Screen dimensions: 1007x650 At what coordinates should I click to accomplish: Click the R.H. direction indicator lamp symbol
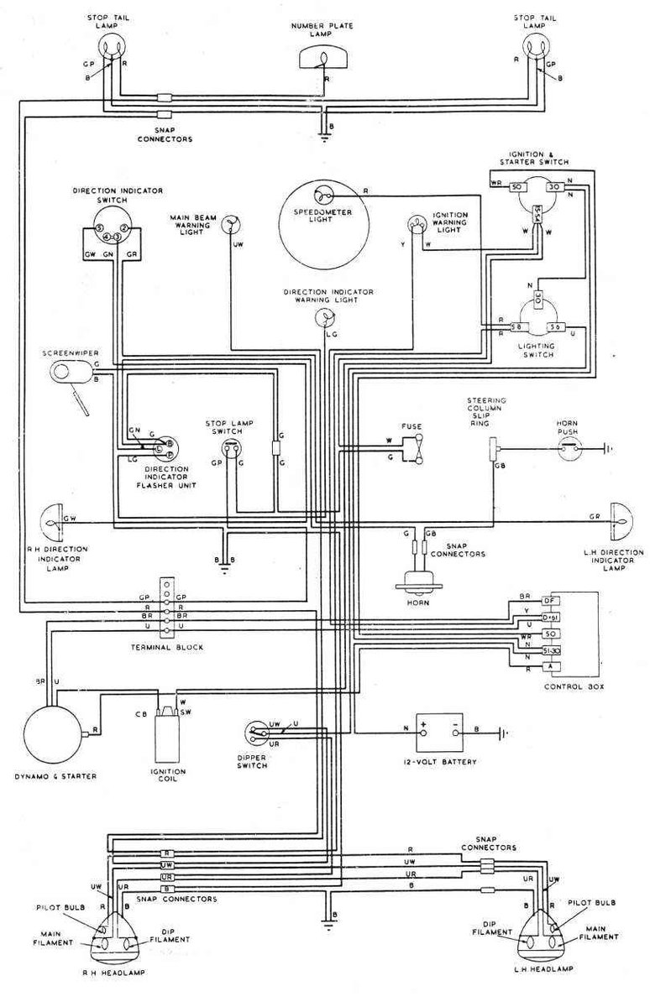pos(52,523)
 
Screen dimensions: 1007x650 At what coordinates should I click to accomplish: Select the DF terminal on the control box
pos(550,602)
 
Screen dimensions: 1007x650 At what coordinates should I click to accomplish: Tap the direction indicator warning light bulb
pos(325,317)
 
